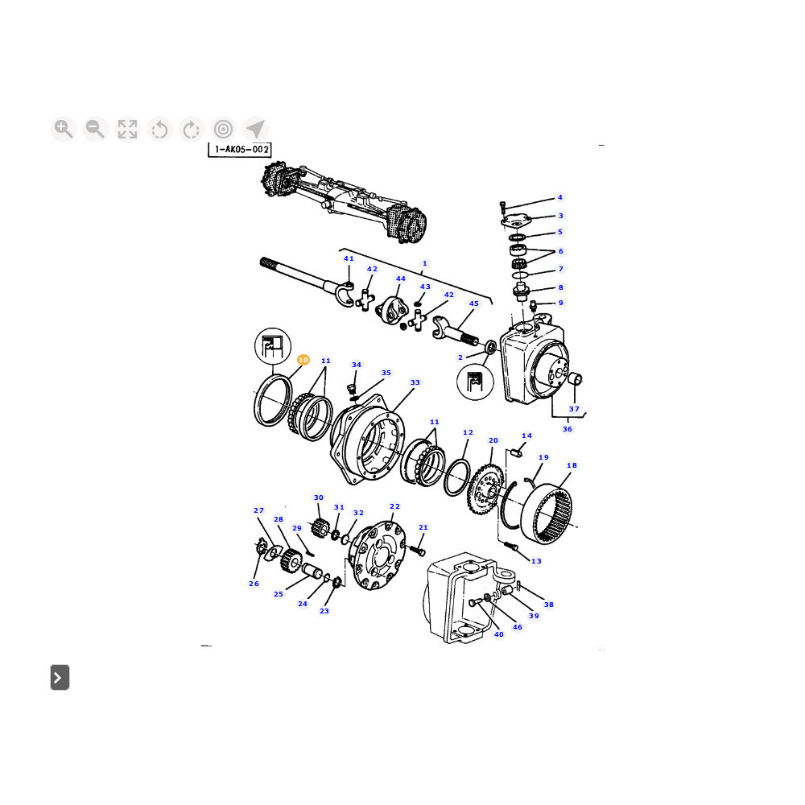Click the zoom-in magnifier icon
point(64,129)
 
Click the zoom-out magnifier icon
point(96,129)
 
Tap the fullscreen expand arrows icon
point(127,129)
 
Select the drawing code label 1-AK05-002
point(240,150)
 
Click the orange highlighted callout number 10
point(303,360)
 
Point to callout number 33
point(415,382)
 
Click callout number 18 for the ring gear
point(572,465)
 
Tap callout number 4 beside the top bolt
point(560,197)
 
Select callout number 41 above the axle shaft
point(349,258)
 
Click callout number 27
point(258,510)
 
